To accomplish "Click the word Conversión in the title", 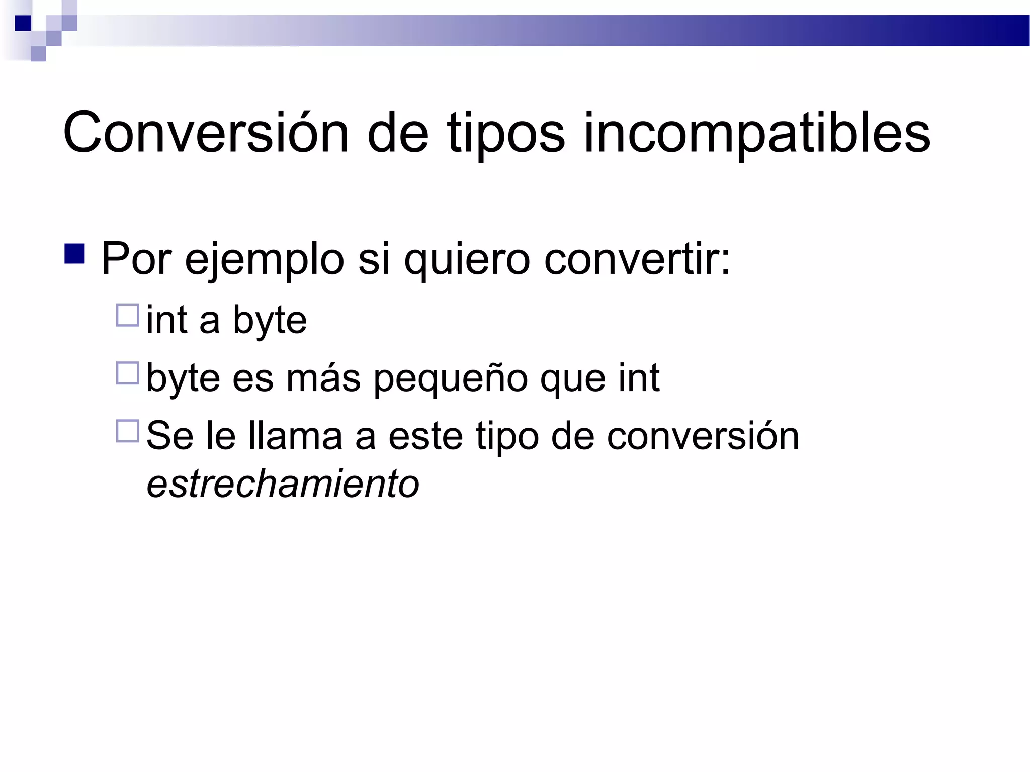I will coord(206,134).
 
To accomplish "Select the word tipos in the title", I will coord(505,136).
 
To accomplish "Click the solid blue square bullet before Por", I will coord(74,254).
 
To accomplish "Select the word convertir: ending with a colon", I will coord(637,259).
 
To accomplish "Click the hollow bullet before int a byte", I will coord(127,315).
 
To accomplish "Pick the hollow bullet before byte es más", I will coord(127,373).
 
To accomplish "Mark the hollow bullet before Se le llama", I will coord(127,431).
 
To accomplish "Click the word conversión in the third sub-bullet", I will coord(703,435).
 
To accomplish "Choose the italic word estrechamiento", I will coord(283,484).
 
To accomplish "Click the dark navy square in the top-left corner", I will coord(23,23).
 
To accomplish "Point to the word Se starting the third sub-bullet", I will coord(169,435).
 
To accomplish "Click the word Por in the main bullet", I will coord(136,259).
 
